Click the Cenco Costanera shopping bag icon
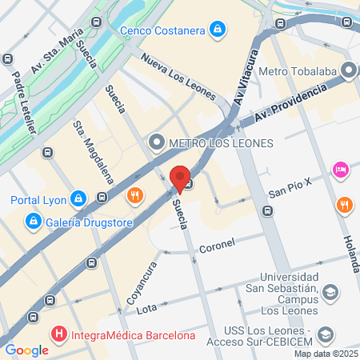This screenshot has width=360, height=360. coord(218,31)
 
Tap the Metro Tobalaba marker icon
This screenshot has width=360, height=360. coord(348,70)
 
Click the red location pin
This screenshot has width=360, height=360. coord(180,178)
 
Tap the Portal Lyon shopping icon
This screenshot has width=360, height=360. coord(78,198)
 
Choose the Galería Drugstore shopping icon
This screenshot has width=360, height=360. coord(33,220)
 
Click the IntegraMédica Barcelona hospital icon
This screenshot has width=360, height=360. coord(58,334)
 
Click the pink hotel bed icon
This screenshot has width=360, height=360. coord(341,170)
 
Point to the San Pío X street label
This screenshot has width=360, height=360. coord(289,193)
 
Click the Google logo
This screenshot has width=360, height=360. coord(26,350)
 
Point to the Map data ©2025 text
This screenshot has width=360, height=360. coord(326,354)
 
